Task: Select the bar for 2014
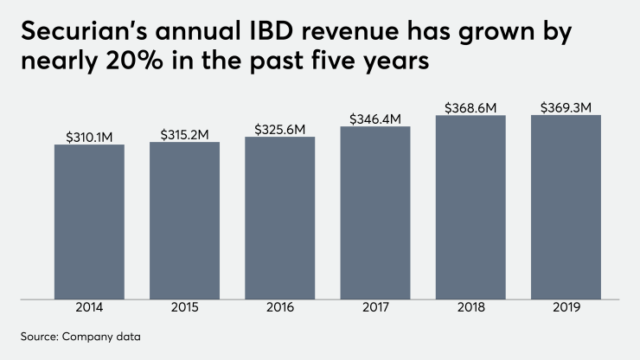point(89,222)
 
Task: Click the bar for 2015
point(184,221)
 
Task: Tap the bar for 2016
point(279,218)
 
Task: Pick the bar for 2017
point(375,214)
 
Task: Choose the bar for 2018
point(470,208)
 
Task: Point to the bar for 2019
point(566,208)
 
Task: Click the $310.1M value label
point(89,137)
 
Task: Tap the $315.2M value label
point(184,134)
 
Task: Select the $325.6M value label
point(279,129)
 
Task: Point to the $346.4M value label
point(375,119)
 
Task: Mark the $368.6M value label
point(470,108)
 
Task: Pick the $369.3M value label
point(566,108)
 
